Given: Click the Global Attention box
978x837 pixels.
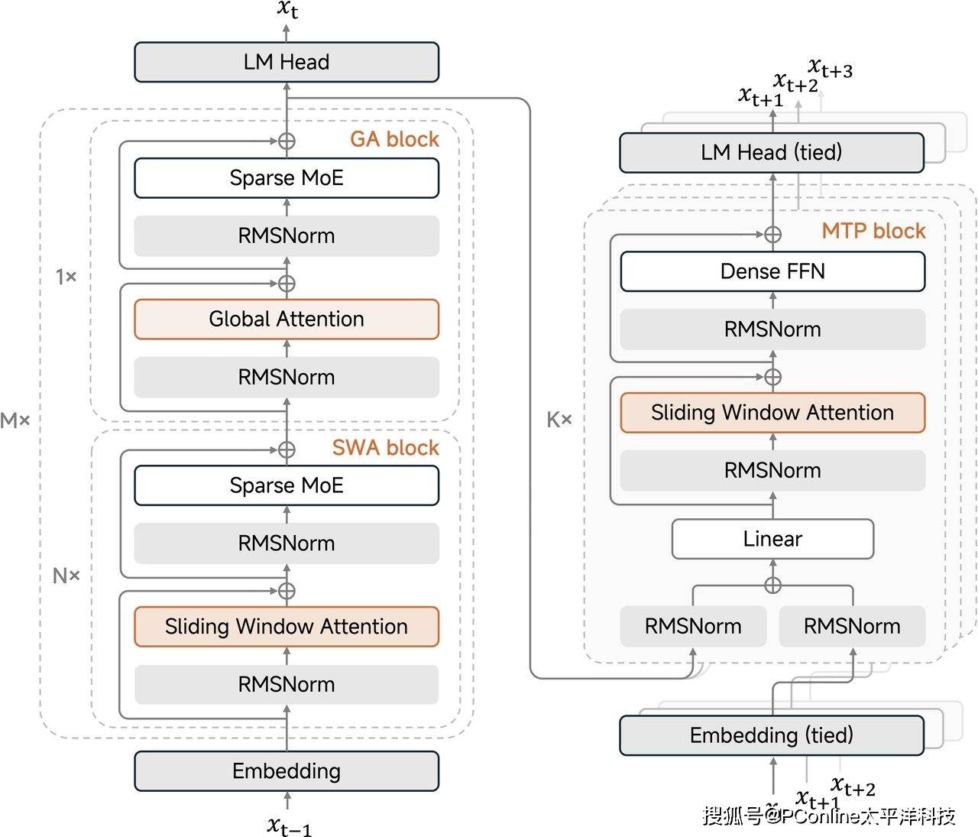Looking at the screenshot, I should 287,319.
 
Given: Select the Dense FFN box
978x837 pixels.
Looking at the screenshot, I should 772,271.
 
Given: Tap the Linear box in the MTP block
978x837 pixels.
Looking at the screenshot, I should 772,539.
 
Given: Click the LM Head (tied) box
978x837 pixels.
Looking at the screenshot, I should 771,152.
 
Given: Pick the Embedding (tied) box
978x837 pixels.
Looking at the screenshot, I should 771,735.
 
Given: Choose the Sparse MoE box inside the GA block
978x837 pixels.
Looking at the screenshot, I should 287,178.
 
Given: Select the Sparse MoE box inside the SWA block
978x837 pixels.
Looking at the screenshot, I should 287,485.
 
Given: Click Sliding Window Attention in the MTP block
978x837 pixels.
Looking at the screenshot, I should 772,413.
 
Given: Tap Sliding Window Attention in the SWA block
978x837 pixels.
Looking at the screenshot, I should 287,627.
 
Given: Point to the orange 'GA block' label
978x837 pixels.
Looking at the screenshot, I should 394,139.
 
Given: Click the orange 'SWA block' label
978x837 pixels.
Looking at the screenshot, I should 385,448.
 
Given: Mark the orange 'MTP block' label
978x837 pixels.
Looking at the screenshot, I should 873,231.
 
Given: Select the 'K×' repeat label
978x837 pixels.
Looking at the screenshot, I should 559,420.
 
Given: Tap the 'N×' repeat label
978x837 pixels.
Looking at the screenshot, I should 66,576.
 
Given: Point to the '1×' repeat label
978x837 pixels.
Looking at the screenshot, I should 66,277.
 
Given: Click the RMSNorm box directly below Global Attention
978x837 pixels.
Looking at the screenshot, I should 287,377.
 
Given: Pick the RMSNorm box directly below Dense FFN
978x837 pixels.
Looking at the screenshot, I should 772,329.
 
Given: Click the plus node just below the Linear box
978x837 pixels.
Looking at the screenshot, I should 772,586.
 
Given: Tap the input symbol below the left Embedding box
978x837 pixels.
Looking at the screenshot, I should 289,826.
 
